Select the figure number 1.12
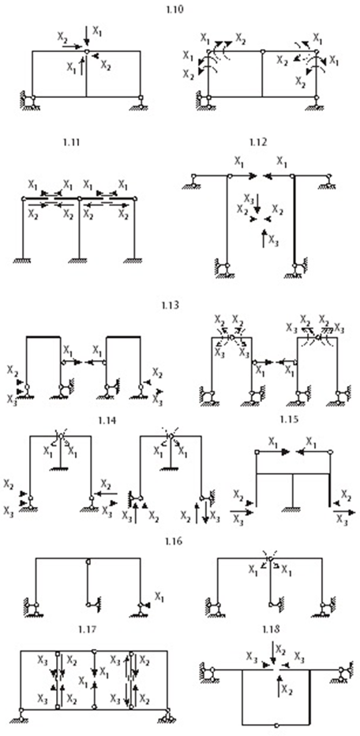pos(258,142)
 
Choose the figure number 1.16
pos(173,541)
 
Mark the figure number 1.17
pos(88,629)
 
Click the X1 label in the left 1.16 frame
pos(159,596)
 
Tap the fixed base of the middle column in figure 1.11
pos(79,261)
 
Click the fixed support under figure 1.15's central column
pos(293,510)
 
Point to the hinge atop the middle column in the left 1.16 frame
pos(88,561)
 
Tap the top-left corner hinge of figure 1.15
pos(257,452)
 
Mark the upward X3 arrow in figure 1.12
pos(264,238)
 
